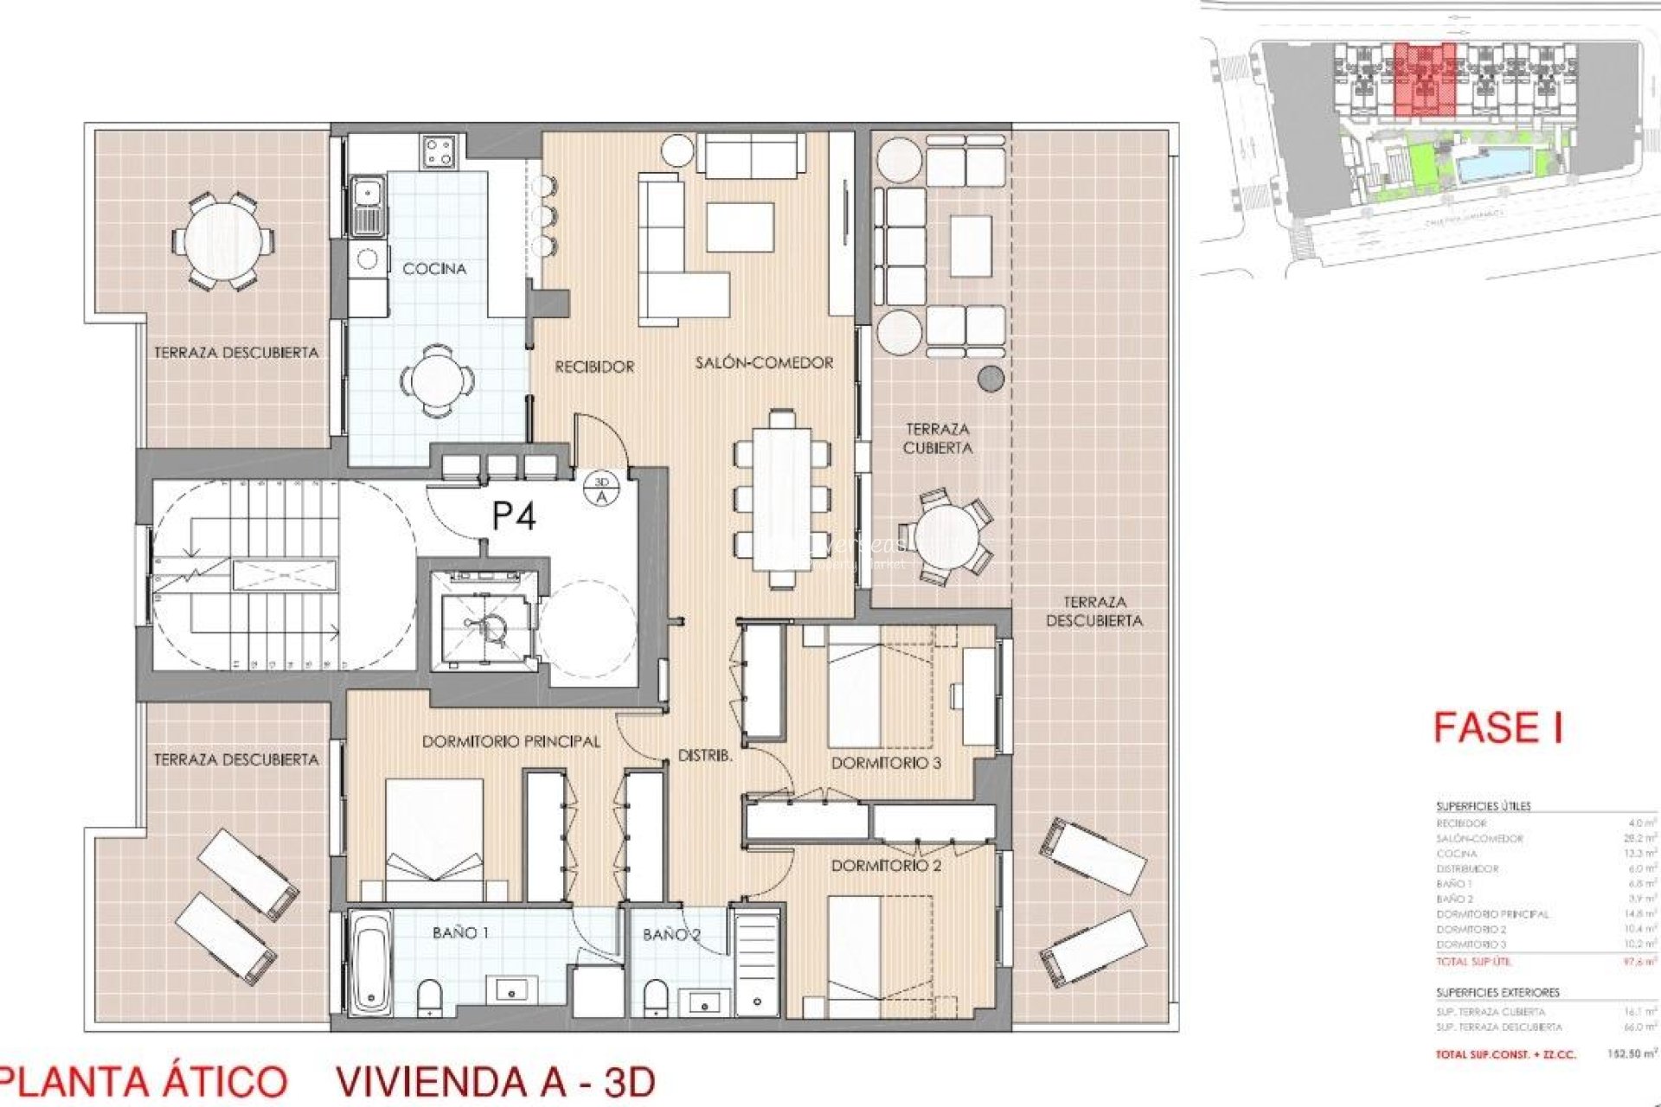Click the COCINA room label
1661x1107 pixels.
[x=434, y=269]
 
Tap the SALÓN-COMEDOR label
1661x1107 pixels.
[x=764, y=363]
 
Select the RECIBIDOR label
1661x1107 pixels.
[x=594, y=367]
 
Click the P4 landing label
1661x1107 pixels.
[x=514, y=516]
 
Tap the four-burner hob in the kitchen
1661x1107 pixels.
[x=439, y=153]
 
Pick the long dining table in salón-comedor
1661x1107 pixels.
[x=782, y=499]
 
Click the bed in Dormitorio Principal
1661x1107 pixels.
[x=434, y=839]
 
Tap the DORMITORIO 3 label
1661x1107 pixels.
[x=886, y=763]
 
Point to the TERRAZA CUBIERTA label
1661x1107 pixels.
[x=937, y=438]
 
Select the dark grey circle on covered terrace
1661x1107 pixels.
[x=991, y=378]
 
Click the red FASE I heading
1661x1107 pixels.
[x=1497, y=728]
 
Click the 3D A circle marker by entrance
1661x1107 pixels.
[x=602, y=489]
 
